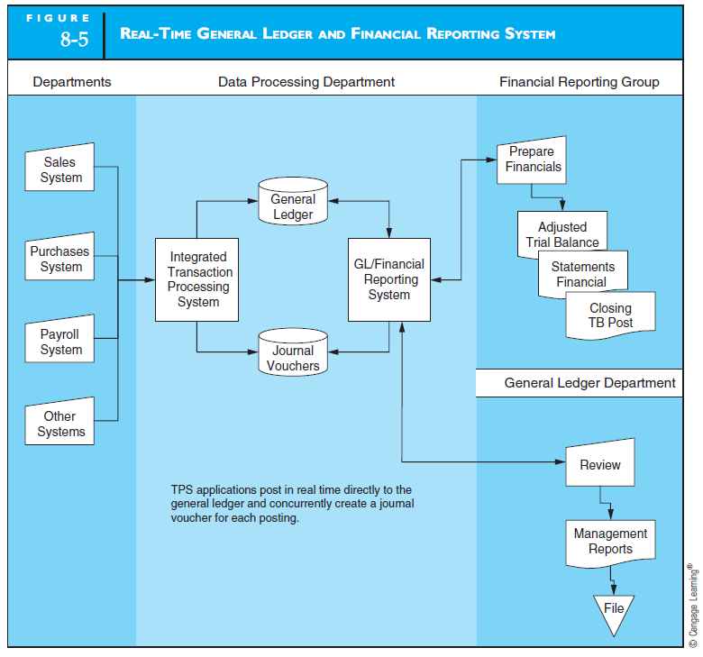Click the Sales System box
[60, 169]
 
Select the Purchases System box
[60, 259]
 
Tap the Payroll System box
[60, 342]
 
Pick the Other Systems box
[60, 424]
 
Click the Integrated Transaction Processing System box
[197, 279]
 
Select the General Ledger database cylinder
[293, 206]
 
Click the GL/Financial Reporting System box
[389, 279]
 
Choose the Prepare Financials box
[532, 160]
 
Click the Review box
[600, 465]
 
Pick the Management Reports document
[610, 542]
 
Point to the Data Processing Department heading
[306, 82]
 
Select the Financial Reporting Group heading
[579, 82]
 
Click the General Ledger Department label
[589, 383]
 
